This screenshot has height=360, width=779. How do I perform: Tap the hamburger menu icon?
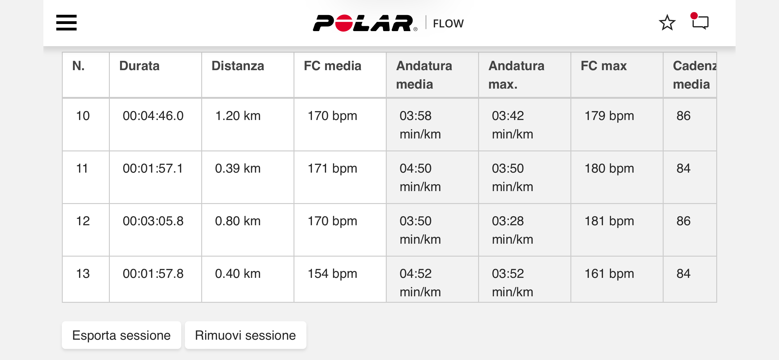tap(66, 23)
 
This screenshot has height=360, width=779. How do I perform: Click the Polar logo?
tap(365, 23)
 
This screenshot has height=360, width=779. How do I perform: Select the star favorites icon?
tap(667, 23)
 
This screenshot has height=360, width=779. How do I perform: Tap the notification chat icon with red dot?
tap(700, 21)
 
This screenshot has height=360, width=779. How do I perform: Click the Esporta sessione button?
tap(122, 335)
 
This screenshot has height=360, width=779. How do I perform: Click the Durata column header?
tap(139, 66)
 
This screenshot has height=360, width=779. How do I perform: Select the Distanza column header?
tap(238, 66)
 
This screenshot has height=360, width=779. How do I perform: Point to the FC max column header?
tap(604, 66)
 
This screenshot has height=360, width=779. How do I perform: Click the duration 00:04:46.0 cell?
tap(153, 116)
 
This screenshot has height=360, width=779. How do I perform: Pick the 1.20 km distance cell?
tap(238, 116)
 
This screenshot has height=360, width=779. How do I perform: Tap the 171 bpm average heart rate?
tap(332, 169)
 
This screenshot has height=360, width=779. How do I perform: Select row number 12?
tap(83, 221)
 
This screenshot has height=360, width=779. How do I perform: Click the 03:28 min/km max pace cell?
tap(513, 230)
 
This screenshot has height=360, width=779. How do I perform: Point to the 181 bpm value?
tap(609, 221)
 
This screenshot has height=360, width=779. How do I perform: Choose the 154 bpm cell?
tap(332, 274)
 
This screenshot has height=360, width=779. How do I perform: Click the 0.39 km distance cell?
tap(238, 169)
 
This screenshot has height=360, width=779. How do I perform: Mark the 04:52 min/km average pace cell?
tap(420, 283)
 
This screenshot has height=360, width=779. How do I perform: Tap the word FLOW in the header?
tap(448, 24)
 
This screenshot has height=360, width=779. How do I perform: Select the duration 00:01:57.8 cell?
tap(153, 274)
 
